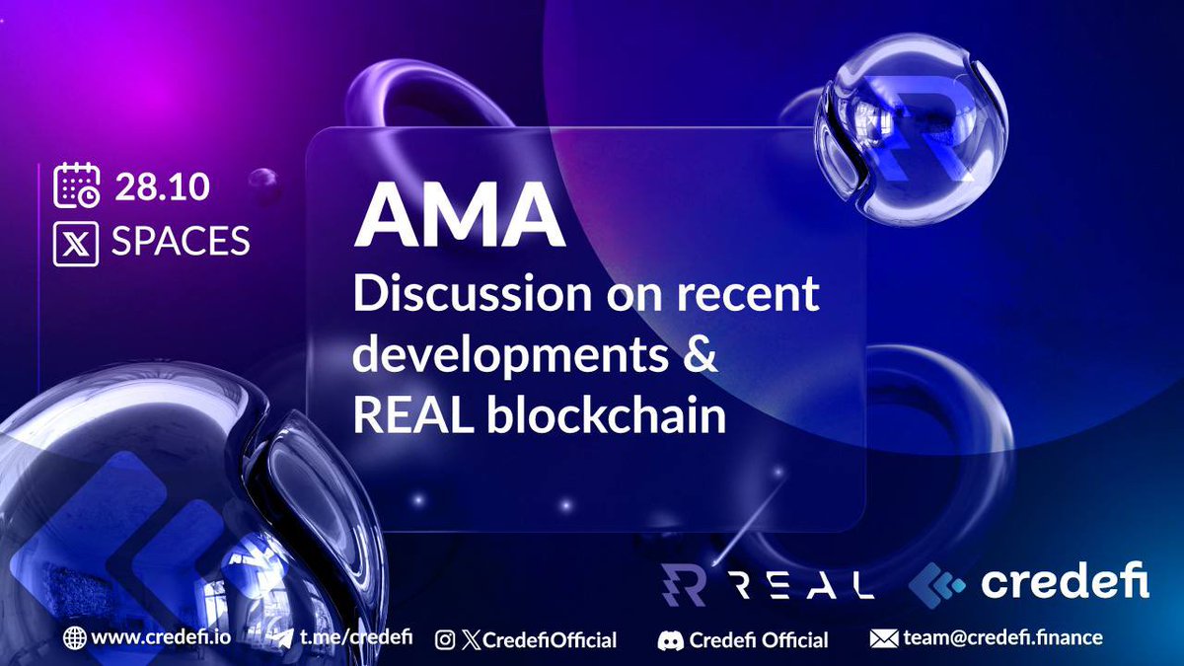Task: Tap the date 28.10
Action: tap(162, 186)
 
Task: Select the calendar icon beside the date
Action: tap(76, 186)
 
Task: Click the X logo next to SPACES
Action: tap(76, 242)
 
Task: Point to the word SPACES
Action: tap(181, 242)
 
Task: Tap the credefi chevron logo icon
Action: tap(937, 583)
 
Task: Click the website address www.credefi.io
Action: tap(161, 638)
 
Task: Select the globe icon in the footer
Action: tap(74, 638)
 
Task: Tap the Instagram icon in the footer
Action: tap(446, 640)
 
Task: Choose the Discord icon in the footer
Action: tap(671, 640)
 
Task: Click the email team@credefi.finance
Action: tap(1002, 638)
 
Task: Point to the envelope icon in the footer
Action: tap(883, 638)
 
